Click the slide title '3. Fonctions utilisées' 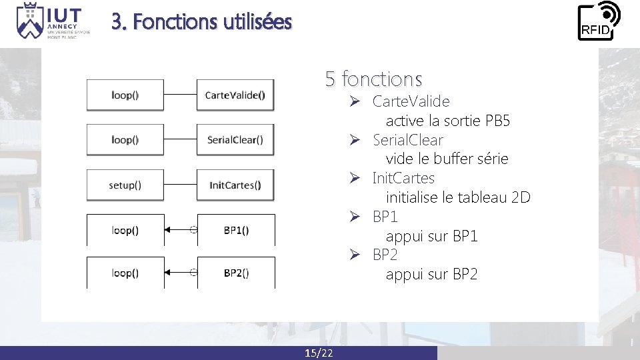(x=201, y=22)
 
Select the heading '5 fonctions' (x=373, y=79)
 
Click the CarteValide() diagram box (x=235, y=95)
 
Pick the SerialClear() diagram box (x=235, y=140)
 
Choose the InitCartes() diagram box (x=235, y=185)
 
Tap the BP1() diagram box (x=236, y=230)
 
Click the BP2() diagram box (x=236, y=273)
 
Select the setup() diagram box (x=125, y=185)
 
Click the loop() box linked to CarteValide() (x=125, y=95)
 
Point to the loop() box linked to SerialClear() (x=125, y=140)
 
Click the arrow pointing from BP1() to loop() (x=179, y=230)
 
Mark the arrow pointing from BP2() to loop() (x=179, y=273)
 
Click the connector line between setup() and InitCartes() (x=180, y=185)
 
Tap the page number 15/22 (x=319, y=353)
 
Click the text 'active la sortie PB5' (x=447, y=121)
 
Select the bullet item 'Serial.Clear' (x=407, y=140)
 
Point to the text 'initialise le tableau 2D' (x=457, y=197)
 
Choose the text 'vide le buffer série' (x=447, y=159)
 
